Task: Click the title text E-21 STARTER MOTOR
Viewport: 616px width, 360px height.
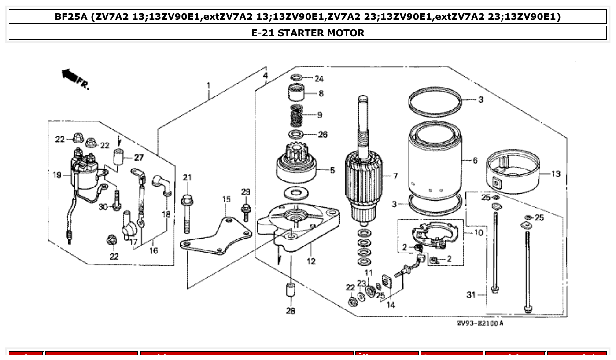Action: tap(308, 33)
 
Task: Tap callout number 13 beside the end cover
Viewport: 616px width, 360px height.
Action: tap(556, 174)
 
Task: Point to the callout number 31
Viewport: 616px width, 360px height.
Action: tap(471, 294)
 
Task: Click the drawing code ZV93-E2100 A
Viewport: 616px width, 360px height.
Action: tap(480, 323)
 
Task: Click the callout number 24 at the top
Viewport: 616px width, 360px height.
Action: tap(319, 79)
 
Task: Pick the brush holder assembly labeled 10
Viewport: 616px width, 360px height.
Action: tap(434, 235)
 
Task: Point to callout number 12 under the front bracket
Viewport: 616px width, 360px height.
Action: tap(311, 261)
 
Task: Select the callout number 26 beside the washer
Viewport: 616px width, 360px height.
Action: tap(322, 134)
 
